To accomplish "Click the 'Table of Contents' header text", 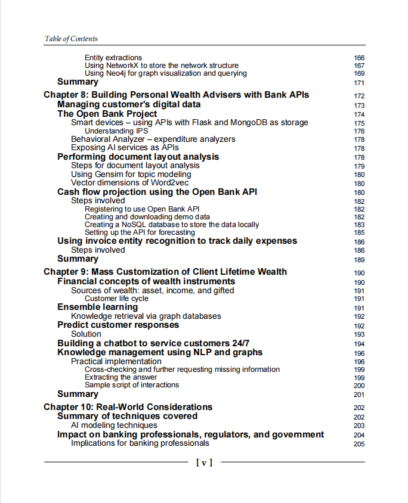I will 71,39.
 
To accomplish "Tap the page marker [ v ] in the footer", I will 204,462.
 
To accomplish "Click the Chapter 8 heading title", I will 177,95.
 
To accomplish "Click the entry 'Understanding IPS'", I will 117,131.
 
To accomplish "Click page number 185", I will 359,233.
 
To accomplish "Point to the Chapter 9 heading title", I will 165,272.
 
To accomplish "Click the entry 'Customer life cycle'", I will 116,299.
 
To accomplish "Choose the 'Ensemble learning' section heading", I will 97,307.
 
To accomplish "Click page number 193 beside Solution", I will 359,334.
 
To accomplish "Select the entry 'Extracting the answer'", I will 121,377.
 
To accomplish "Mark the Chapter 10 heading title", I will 128,407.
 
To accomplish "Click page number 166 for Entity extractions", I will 359,58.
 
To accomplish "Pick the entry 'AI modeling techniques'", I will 114,426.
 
